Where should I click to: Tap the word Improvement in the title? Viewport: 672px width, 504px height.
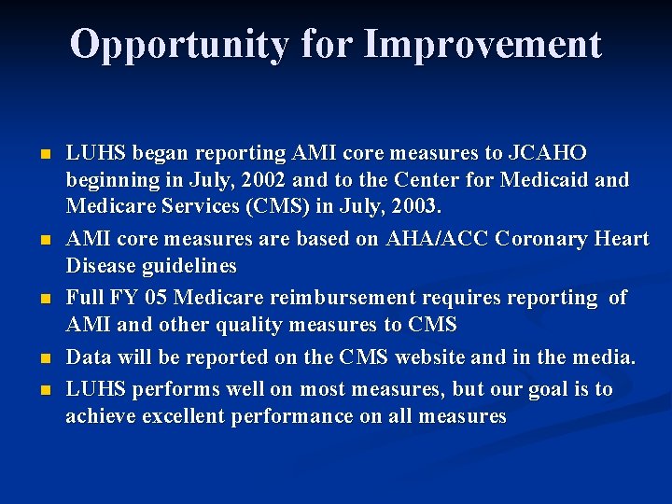tap(483, 44)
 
